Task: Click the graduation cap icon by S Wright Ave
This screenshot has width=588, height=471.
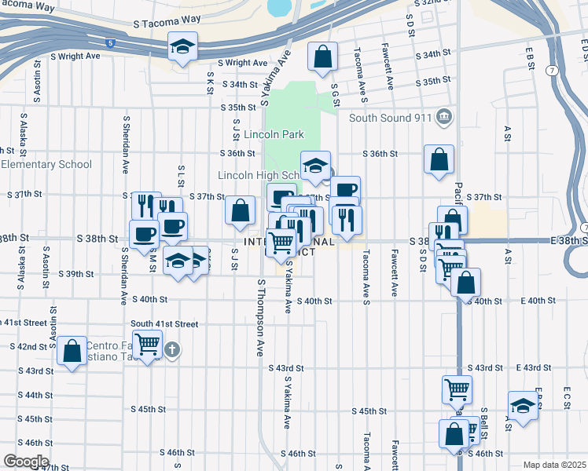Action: [x=182, y=49]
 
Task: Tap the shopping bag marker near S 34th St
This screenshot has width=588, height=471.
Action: [x=322, y=57]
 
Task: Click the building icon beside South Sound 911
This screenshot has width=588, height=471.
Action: [x=444, y=118]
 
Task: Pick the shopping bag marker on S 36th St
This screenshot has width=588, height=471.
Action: [x=439, y=159]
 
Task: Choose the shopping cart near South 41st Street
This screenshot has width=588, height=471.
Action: [x=147, y=344]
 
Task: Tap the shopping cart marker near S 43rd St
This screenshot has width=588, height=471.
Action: [x=456, y=388]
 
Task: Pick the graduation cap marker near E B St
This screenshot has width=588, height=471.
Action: [x=523, y=406]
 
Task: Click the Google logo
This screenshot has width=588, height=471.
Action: [x=26, y=462]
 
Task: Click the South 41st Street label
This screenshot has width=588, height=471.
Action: [x=164, y=323]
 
